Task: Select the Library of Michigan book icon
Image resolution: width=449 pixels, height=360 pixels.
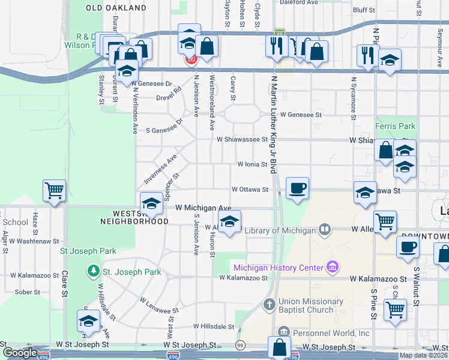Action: (x=325, y=229)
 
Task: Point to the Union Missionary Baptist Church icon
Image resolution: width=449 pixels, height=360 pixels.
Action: (x=269, y=304)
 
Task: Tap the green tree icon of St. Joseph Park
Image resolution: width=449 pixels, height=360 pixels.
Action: (x=93, y=272)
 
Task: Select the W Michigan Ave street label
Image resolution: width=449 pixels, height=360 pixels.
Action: (x=203, y=208)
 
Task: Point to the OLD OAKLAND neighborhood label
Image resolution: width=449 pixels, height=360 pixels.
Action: (x=116, y=8)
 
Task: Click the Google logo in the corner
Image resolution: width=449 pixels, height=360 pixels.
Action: (x=20, y=353)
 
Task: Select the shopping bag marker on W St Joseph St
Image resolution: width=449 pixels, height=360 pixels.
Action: (x=280, y=348)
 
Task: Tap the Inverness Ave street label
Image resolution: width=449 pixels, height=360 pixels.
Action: (x=159, y=170)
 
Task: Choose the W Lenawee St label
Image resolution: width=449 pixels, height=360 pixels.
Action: (x=160, y=305)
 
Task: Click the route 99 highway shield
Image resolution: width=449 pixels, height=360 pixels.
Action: (x=241, y=345)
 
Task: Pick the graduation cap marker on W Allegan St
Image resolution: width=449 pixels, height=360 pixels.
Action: (x=229, y=222)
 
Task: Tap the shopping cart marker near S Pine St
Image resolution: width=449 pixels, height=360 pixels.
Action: (x=395, y=310)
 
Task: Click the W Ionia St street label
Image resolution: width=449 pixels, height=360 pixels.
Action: (x=252, y=164)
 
